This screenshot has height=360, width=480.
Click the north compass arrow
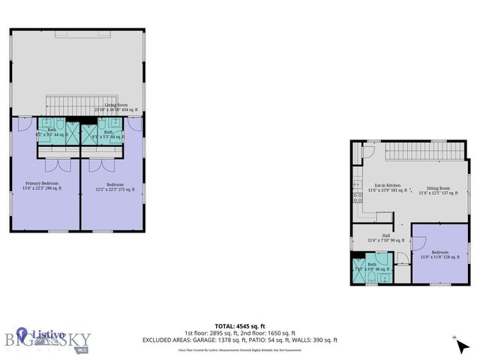pos(457,340)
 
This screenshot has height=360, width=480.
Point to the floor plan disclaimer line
pos(240,349)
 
